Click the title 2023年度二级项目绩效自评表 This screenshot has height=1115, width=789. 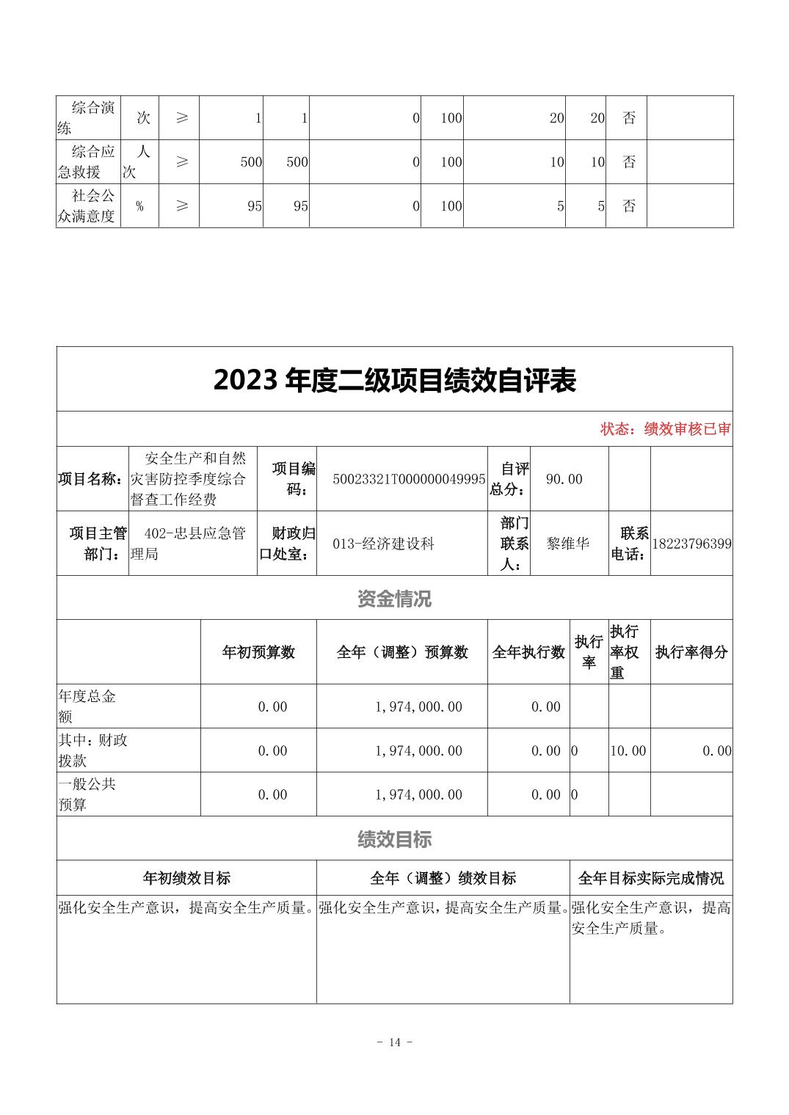[394, 380]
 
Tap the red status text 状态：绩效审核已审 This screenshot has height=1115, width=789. [665, 429]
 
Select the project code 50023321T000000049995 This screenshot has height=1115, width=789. [409, 479]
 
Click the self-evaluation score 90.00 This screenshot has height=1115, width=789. [564, 479]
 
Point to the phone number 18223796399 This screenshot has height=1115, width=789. [691, 544]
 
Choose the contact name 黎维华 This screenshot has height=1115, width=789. [568, 544]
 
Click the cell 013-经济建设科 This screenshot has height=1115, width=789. [384, 544]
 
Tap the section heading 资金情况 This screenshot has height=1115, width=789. [394, 599]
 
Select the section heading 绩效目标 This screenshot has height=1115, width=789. [394, 839]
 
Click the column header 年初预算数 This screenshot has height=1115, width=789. [258, 652]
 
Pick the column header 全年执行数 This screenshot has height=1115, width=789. [528, 652]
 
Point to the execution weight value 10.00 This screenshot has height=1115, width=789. [628, 750]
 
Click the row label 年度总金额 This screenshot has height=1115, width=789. [87, 706]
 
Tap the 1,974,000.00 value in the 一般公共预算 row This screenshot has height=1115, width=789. [418, 794]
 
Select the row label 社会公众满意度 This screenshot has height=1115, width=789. [87, 206]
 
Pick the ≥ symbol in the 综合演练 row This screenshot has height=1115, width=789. [182, 117]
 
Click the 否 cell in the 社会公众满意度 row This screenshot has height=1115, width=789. [629, 206]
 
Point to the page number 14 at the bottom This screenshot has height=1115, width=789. [395, 1042]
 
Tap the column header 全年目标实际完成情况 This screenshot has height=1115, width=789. [650, 878]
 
